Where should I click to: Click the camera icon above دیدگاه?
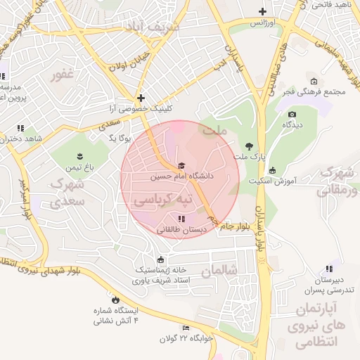[292, 114]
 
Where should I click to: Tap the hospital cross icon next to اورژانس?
[262, 11]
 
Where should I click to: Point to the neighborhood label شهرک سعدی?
[67, 193]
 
